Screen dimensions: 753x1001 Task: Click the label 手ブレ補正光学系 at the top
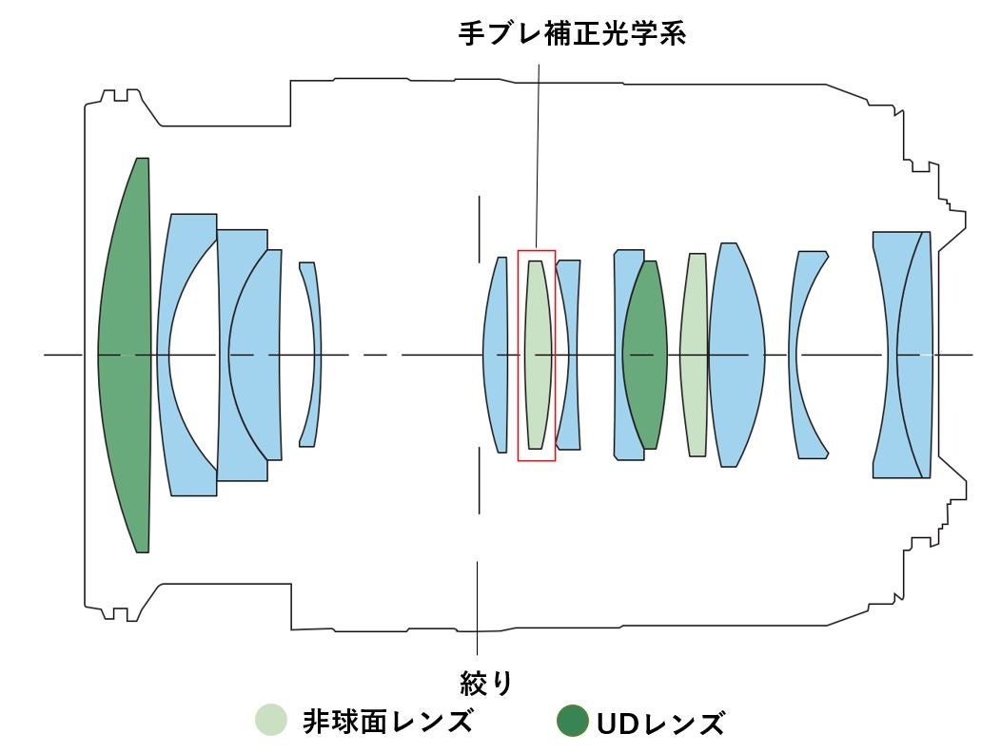click(x=573, y=34)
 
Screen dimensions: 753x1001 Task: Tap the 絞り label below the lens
click(x=486, y=683)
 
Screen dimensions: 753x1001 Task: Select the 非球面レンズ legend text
click(x=387, y=722)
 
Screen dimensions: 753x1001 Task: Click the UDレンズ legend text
click(x=659, y=724)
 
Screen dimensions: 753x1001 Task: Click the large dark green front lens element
click(x=127, y=355)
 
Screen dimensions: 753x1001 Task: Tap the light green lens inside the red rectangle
click(x=537, y=355)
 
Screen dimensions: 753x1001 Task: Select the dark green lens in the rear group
click(x=646, y=355)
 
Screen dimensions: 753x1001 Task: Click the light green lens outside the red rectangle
click(x=694, y=355)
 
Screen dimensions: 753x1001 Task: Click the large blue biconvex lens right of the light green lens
click(x=735, y=355)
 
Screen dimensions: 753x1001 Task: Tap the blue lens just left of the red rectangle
click(x=496, y=355)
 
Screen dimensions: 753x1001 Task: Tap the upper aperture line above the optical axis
click(x=480, y=228)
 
